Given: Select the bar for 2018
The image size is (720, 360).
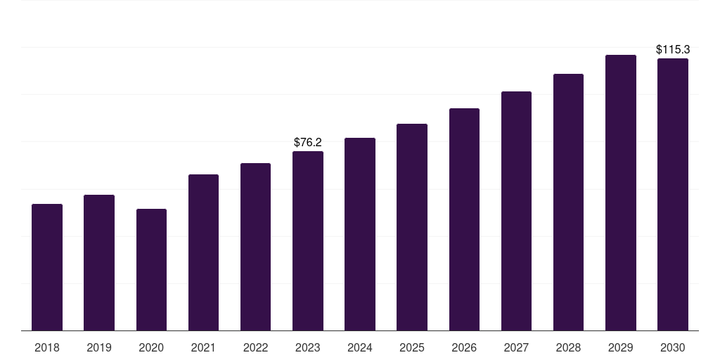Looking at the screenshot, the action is (x=47, y=267).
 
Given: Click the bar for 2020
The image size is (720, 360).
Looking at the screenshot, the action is (x=152, y=269).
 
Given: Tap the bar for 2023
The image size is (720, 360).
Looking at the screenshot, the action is (x=308, y=241).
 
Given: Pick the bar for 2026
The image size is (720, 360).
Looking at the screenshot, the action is (x=464, y=219).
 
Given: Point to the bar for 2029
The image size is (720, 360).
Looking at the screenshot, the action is (x=621, y=193).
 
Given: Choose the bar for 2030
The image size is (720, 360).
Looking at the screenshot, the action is (x=673, y=195).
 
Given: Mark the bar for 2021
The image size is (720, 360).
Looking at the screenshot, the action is (x=203, y=252).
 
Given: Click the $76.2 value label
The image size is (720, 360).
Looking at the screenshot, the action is (x=308, y=142).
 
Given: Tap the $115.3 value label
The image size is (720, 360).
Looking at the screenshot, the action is (x=673, y=50).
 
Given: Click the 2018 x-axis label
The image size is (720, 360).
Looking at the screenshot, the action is (x=47, y=347).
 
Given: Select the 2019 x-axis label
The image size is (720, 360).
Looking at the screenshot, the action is (x=99, y=347).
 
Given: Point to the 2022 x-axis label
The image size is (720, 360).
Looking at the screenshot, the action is (x=255, y=347).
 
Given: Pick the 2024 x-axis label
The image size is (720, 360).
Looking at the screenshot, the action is (x=360, y=347).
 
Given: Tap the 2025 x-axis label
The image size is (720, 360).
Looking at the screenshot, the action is (x=412, y=347).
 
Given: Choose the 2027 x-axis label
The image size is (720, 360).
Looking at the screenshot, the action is (x=516, y=347).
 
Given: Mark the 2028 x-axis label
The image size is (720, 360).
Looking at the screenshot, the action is (x=568, y=347).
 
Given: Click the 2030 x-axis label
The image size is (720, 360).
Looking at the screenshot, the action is (x=673, y=347).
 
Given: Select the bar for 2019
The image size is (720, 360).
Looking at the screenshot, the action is (x=99, y=263).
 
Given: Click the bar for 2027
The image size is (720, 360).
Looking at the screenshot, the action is (x=516, y=211).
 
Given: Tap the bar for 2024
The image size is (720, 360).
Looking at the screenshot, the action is (x=360, y=234).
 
